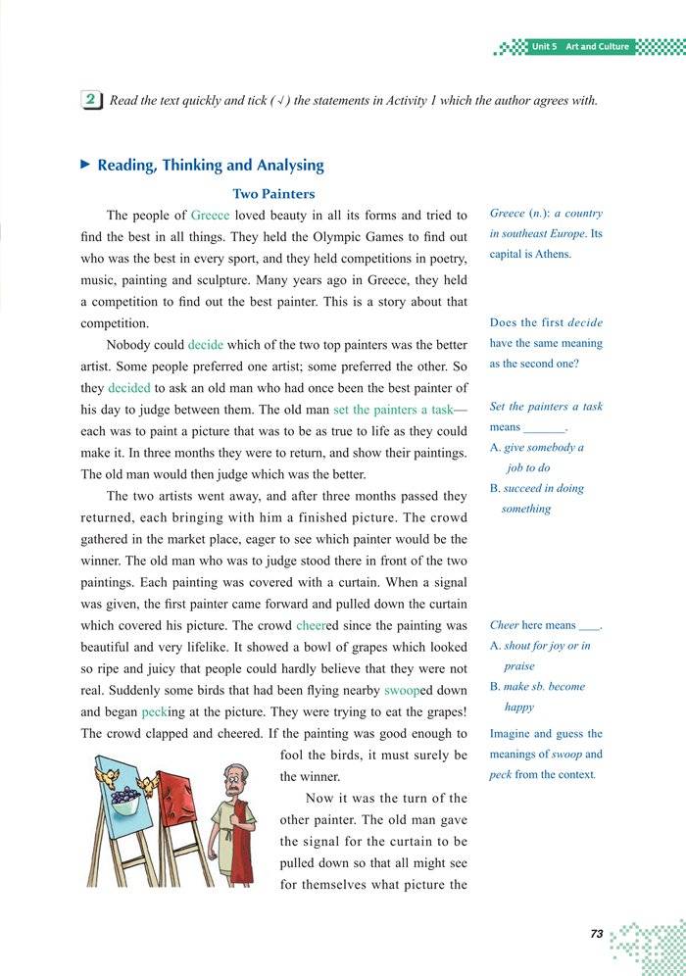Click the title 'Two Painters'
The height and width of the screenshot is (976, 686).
(x=272, y=194)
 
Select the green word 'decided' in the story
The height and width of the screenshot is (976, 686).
(x=129, y=388)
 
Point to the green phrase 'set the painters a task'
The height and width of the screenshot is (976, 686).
(x=393, y=410)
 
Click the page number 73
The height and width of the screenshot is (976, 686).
(x=597, y=934)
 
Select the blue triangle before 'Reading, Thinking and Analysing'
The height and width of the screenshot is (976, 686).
(x=85, y=165)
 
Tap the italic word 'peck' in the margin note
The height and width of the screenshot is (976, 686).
(x=501, y=775)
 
